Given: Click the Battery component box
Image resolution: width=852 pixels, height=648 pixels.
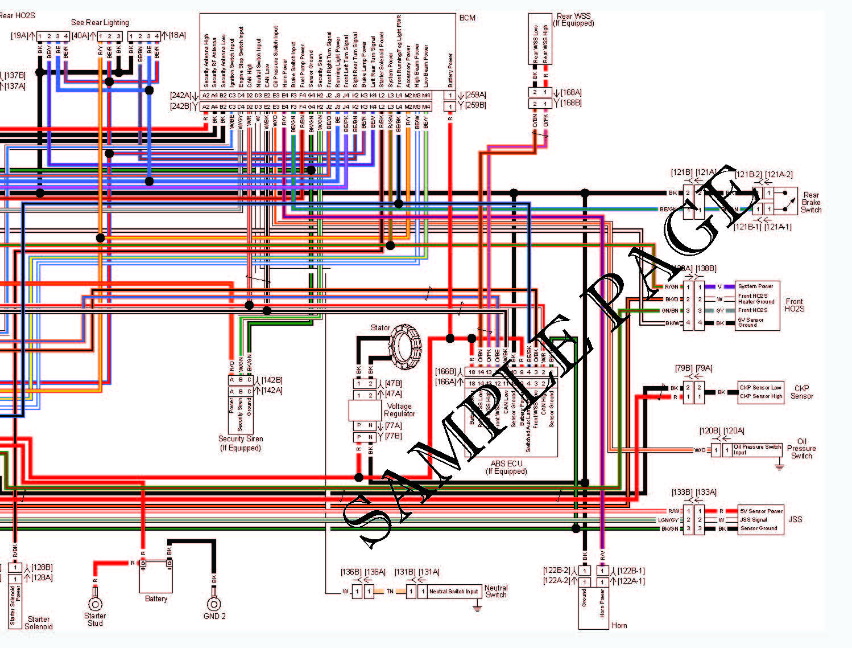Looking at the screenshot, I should pos(156,576).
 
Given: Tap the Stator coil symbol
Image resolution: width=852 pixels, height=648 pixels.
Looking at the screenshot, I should pos(405,343).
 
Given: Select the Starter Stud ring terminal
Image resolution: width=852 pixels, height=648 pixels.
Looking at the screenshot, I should pos(95,604).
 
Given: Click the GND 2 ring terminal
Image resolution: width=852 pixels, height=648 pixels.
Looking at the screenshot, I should pos(214,604).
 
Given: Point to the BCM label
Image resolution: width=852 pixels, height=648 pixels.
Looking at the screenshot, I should pos(467,18).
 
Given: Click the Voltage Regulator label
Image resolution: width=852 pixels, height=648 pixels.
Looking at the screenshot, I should pos(399,410).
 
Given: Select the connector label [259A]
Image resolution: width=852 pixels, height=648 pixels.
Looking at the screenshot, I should pos(475,95).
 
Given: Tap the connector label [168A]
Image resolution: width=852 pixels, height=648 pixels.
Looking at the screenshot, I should pos(571,92).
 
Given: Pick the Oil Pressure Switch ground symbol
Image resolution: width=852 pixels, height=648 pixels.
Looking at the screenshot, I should pos(779,466).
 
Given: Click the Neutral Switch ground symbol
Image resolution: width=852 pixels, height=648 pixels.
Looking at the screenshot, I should pos(477,608).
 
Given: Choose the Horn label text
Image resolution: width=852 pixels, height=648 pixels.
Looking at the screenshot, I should pos(619,625).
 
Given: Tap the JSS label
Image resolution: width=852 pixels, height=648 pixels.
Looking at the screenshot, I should pos(795,519).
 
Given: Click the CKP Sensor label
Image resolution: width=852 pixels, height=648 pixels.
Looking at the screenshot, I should pos(801,392).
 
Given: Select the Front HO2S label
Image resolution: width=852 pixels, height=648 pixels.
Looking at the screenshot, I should pos(794,305).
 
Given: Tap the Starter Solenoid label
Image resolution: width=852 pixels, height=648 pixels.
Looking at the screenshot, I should pos(39,622).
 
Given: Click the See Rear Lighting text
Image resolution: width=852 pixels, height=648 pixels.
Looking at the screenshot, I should pos(100,22).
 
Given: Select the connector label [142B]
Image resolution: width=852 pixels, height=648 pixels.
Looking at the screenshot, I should pos(272,380).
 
